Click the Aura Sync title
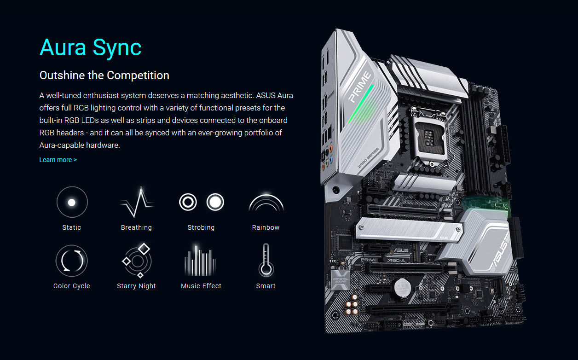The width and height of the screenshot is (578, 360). click(x=90, y=48)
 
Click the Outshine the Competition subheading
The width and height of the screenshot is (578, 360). click(x=104, y=75)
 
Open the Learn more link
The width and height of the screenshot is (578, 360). click(x=58, y=160)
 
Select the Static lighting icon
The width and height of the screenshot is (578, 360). click(x=72, y=202)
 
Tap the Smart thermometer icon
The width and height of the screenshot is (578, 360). click(x=266, y=260)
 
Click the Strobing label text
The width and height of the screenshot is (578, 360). click(x=201, y=227)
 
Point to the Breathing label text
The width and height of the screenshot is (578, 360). click(x=136, y=227)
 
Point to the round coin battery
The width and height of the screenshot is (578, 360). click(x=403, y=287)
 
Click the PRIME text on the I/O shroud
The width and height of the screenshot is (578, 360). click(x=359, y=87)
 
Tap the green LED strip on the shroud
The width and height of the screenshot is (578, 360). click(x=361, y=104)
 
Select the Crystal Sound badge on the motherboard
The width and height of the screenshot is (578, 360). click(x=341, y=280)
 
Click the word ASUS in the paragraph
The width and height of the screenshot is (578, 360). click(x=266, y=95)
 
